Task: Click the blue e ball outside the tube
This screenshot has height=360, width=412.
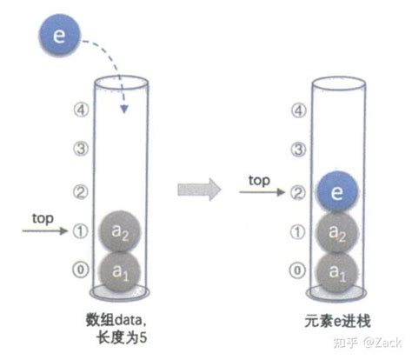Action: click(x=59, y=35)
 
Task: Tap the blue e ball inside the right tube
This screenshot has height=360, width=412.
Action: click(x=336, y=191)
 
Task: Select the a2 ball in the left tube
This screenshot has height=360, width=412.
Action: click(x=120, y=231)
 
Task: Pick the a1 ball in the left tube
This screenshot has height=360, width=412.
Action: click(x=120, y=271)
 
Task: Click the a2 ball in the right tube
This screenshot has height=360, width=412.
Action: click(x=336, y=232)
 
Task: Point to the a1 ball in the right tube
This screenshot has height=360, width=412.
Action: click(x=336, y=272)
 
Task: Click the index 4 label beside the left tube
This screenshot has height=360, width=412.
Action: click(x=81, y=110)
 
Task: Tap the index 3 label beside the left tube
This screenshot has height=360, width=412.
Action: click(x=80, y=149)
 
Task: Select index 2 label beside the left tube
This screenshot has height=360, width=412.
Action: click(x=80, y=191)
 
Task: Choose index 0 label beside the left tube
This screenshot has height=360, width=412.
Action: click(x=80, y=270)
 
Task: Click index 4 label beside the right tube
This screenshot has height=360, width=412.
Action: click(x=298, y=110)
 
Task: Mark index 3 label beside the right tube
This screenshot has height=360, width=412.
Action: click(x=298, y=150)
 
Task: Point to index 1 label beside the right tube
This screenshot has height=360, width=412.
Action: click(x=297, y=232)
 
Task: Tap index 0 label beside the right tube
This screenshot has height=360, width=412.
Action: click(x=297, y=270)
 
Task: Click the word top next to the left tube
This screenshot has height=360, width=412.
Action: click(x=43, y=219)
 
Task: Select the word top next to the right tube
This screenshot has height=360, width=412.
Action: click(x=259, y=181)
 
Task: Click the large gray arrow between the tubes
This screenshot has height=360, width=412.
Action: click(x=199, y=190)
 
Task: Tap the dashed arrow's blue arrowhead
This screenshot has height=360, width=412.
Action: click(x=124, y=109)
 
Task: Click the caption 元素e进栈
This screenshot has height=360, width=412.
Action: click(x=337, y=321)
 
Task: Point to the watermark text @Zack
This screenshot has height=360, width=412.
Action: click(x=382, y=343)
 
